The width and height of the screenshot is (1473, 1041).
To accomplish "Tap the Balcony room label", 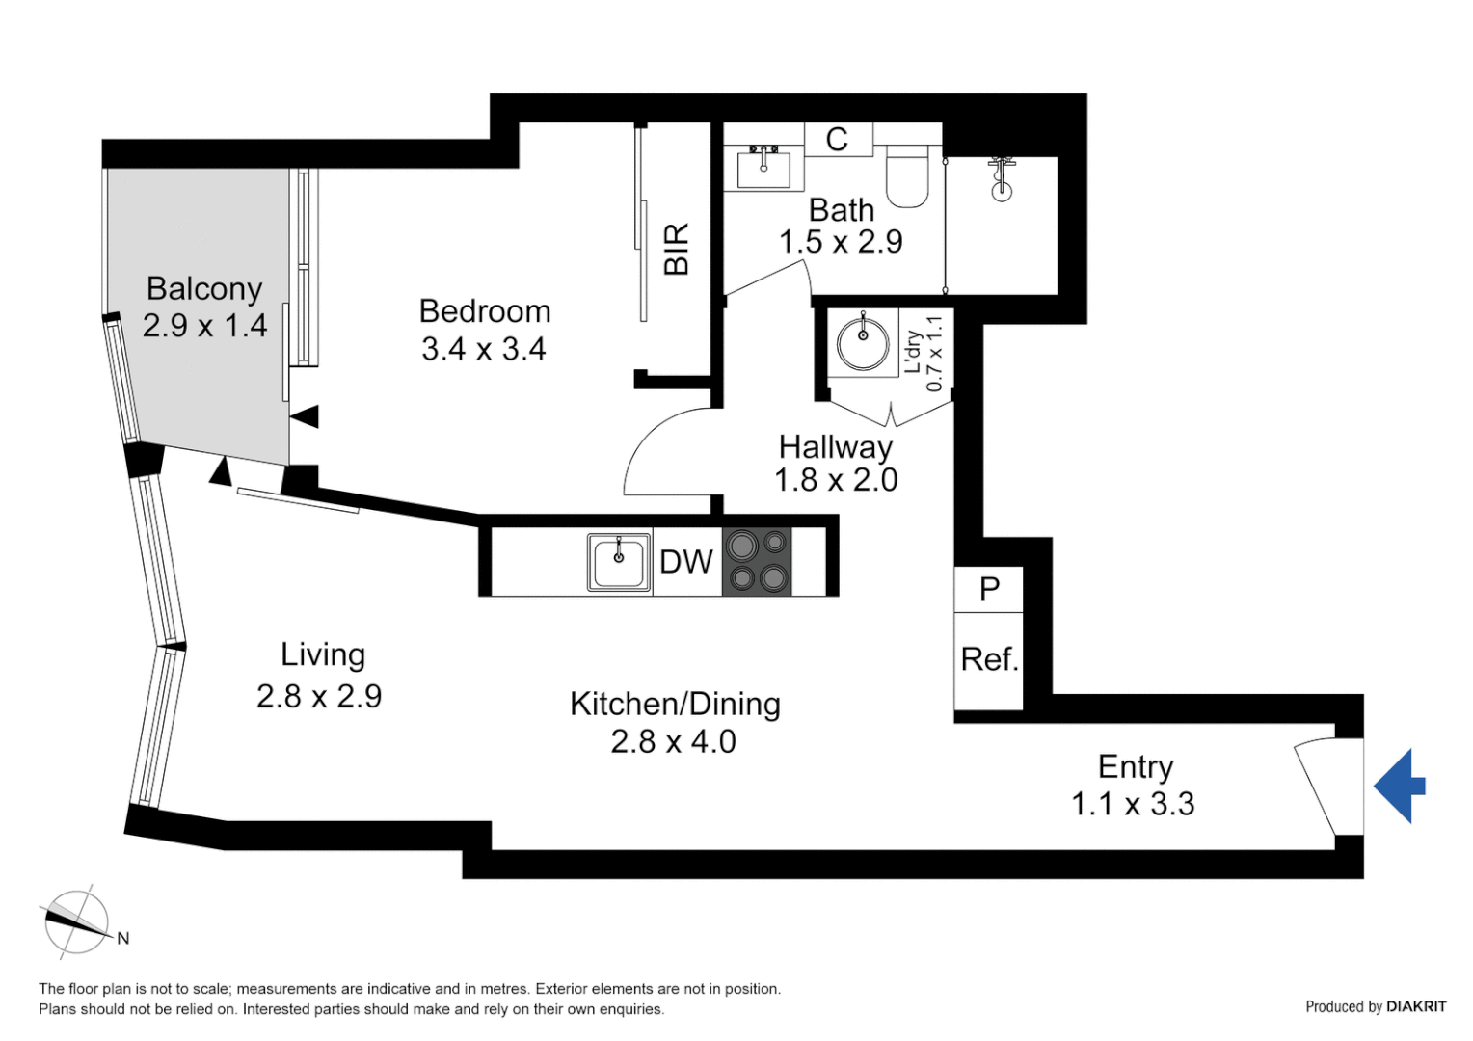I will coord(204,288).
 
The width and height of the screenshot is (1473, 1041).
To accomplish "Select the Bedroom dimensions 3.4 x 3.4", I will coord(484,348).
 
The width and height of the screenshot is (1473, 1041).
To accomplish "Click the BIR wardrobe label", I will coord(677,249).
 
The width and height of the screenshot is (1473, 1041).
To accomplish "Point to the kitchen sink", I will coord(619,562).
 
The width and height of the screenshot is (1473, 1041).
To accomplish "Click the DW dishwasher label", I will coord(686,562).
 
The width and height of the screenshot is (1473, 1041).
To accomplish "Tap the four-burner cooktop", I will coord(757,562).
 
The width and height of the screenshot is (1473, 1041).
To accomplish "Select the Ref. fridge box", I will coord(988,660).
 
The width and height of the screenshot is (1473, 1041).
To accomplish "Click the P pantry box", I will coord(989,589).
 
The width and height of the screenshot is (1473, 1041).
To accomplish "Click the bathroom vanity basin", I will coord(763,169).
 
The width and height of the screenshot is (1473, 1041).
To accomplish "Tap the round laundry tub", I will coord(863,343).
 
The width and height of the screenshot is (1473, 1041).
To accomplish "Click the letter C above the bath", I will coord(837,140).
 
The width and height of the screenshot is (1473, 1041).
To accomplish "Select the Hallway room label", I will coord(836,446).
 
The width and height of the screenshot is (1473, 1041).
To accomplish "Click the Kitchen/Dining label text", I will coord(675,704).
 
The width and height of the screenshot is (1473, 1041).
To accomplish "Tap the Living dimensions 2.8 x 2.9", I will coord(319,696).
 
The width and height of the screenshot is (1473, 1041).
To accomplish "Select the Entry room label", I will coord(1136,766).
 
